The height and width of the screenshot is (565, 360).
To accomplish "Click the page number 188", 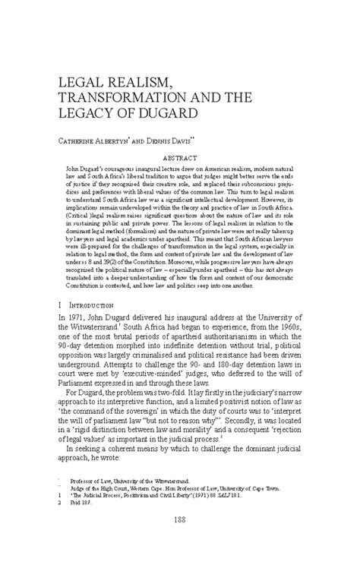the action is (180, 541).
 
